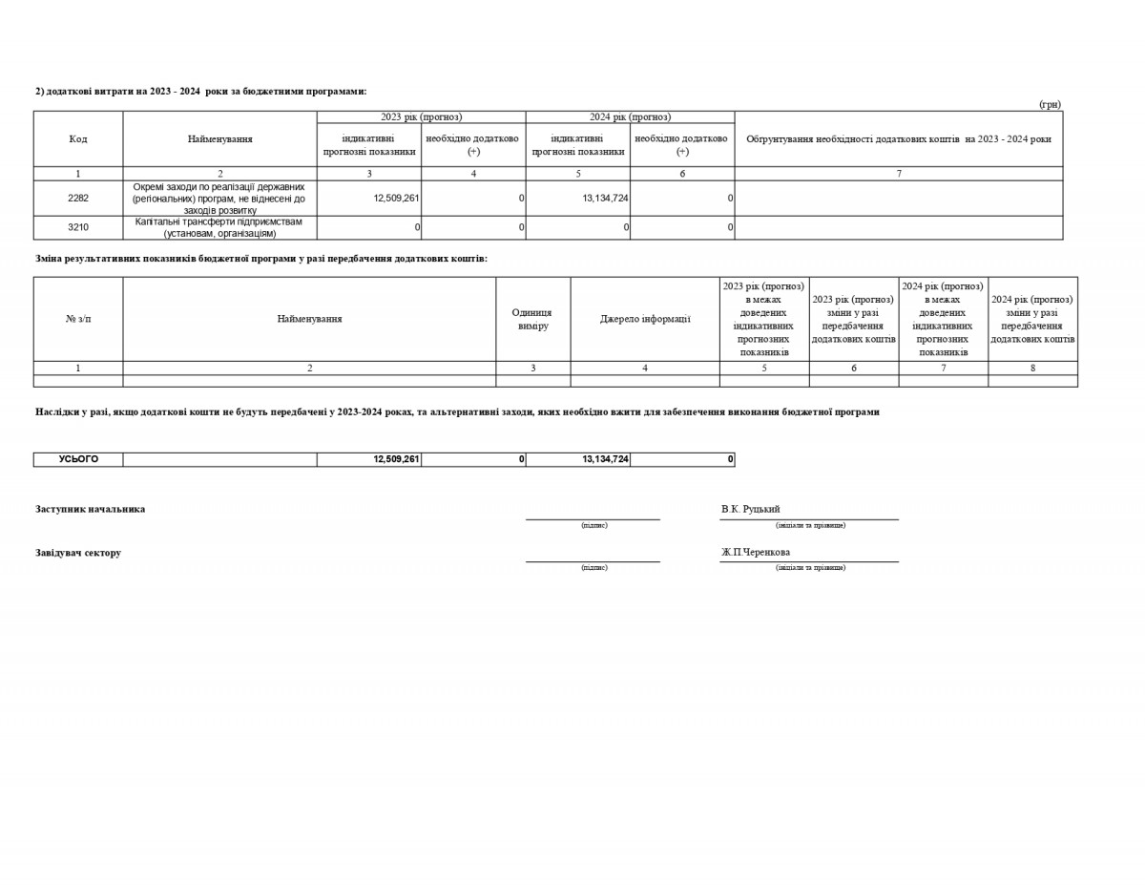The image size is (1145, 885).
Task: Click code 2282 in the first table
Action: click(x=78, y=199)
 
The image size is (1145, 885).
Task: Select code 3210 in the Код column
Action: click(x=78, y=227)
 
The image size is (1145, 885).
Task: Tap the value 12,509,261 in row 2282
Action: click(x=397, y=199)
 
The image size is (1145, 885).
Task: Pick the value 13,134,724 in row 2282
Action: click(x=605, y=199)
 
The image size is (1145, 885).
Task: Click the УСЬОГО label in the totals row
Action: click(x=78, y=459)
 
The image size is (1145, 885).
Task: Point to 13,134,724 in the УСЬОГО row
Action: click(x=605, y=459)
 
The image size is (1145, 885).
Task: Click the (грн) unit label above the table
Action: click(x=1050, y=104)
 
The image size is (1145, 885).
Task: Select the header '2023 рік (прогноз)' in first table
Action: click(x=421, y=117)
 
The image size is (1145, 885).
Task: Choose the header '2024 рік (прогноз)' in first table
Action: click(x=630, y=117)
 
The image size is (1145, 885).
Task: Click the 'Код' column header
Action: click(x=78, y=139)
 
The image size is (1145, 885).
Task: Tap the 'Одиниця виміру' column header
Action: click(x=532, y=319)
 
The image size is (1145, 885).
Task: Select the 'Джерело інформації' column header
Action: click(x=645, y=319)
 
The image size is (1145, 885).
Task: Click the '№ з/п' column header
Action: click(x=78, y=319)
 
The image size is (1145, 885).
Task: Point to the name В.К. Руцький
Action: click(x=751, y=509)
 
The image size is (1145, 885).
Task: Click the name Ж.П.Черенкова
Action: click(x=756, y=552)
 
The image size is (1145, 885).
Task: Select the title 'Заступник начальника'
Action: click(x=91, y=509)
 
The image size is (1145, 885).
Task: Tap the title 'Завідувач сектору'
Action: click(x=78, y=553)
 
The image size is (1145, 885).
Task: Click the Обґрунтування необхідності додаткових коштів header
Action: click(x=898, y=139)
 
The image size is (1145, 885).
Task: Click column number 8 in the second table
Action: click(x=1032, y=368)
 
